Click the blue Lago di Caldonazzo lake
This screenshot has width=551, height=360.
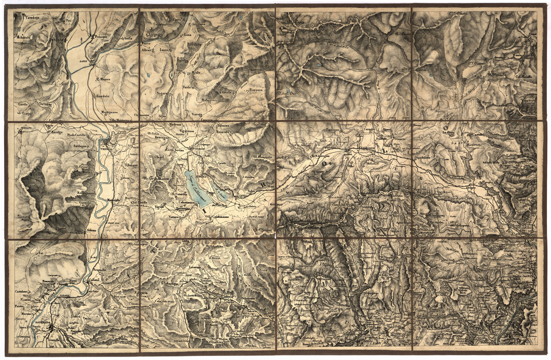tap(198, 190)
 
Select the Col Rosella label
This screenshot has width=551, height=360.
tap(524, 76)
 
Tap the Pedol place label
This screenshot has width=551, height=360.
tap(219, 31)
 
